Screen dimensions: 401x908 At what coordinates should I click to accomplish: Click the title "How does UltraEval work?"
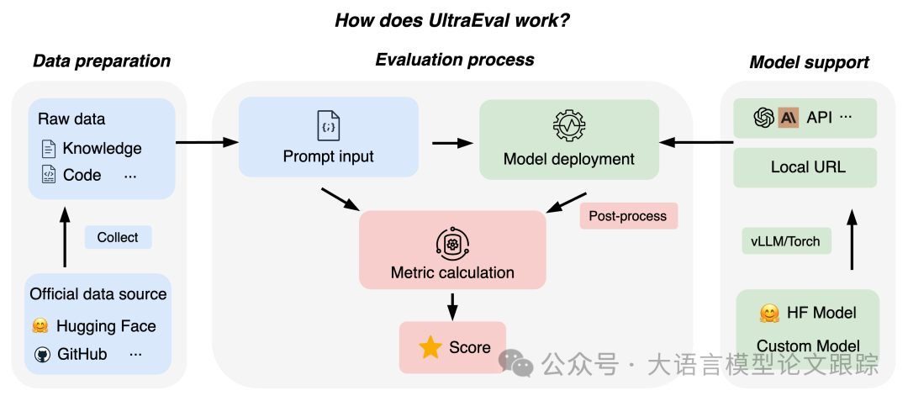(452, 19)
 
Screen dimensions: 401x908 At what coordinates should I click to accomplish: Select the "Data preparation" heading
(101, 61)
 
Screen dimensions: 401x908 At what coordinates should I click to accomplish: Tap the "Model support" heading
(809, 62)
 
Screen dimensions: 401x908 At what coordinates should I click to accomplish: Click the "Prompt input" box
(329, 137)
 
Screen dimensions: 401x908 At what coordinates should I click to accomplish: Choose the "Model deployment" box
(568, 140)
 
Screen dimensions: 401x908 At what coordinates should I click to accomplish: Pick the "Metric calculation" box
(452, 249)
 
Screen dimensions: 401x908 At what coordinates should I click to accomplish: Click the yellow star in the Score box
(430, 348)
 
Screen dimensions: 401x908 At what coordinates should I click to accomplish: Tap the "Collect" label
(118, 237)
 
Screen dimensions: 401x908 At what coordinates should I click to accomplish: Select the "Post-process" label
(627, 216)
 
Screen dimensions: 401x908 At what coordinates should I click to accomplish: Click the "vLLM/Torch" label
(785, 241)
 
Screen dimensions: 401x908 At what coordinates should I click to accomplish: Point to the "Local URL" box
(807, 167)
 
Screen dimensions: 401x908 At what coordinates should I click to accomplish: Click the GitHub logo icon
(42, 355)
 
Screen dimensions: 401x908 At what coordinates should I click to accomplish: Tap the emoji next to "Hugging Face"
(40, 326)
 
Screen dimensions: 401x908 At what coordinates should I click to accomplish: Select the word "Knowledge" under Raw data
(102, 149)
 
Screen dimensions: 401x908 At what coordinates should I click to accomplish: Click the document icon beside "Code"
(48, 175)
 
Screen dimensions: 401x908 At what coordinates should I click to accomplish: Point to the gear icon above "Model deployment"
(569, 124)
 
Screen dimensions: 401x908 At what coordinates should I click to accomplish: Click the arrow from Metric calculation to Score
(453, 305)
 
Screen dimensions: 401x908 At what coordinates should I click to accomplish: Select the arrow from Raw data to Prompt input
(207, 142)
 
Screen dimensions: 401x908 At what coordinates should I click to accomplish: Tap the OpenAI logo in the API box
(763, 118)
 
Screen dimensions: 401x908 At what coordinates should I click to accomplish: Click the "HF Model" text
(821, 313)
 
